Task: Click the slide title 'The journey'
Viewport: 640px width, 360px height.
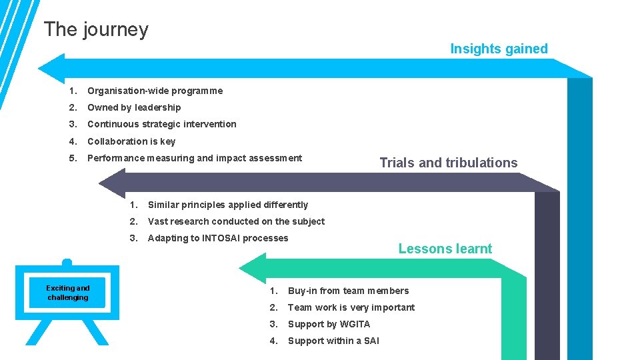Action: pos(96,29)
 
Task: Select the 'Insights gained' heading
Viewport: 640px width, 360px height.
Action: pos(499,49)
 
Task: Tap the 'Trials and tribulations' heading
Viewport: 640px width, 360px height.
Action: pos(448,163)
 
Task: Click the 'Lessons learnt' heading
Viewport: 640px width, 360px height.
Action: pos(445,249)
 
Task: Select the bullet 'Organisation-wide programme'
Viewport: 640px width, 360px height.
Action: pos(155,91)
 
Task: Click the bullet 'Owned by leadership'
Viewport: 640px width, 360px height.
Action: pos(134,107)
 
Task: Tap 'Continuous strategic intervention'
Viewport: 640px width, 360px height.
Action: pos(161,124)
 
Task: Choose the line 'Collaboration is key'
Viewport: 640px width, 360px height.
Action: pos(131,141)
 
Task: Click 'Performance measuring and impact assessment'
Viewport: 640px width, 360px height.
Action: pos(194,158)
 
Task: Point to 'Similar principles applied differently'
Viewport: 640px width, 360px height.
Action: pos(227,205)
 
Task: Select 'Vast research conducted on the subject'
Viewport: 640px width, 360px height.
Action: pos(236,221)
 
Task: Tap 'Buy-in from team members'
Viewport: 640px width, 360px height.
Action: pos(348,291)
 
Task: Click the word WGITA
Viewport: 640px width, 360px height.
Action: pos(355,324)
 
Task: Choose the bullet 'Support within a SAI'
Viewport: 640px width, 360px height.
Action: pos(333,341)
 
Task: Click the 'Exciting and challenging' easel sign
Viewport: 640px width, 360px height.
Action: pos(67,293)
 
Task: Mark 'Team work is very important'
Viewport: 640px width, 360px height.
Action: pos(351,307)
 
